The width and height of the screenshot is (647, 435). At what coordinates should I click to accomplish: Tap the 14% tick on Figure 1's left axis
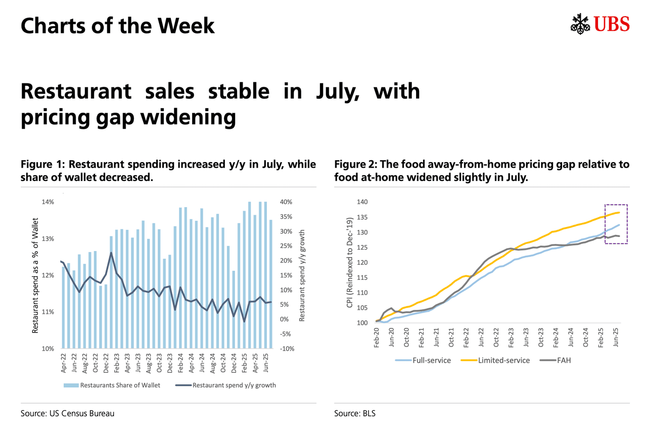(48, 202)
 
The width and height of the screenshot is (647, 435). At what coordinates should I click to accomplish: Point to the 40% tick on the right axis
(286, 202)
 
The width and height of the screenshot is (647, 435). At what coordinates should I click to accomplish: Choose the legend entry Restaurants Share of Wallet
(112, 385)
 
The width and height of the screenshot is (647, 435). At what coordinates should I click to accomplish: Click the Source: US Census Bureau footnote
(67, 413)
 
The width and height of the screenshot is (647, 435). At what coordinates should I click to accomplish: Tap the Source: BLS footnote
(355, 413)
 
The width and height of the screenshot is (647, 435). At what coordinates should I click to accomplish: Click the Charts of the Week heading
(117, 25)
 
